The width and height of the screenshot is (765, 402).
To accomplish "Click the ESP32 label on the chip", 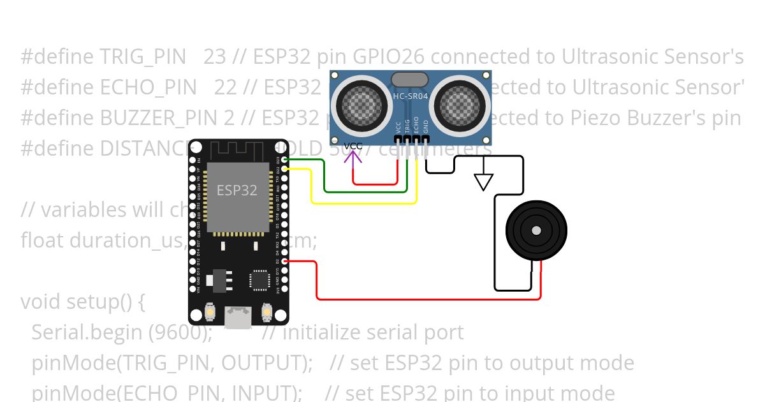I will click(237, 190).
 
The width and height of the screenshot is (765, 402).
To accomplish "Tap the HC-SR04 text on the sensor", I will click(411, 97).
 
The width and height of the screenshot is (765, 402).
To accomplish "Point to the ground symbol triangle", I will click(484, 183).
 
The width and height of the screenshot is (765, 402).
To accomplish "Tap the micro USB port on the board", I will click(238, 318).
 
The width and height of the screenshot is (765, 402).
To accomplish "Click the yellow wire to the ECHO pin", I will click(363, 203).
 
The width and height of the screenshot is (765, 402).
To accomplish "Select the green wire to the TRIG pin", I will click(363, 191).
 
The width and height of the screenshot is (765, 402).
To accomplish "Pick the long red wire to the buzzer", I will click(427, 299).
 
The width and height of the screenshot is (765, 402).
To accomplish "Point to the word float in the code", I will click(43, 241).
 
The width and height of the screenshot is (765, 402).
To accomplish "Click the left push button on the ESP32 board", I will click(210, 313).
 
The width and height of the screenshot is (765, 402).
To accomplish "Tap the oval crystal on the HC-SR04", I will click(410, 79).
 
